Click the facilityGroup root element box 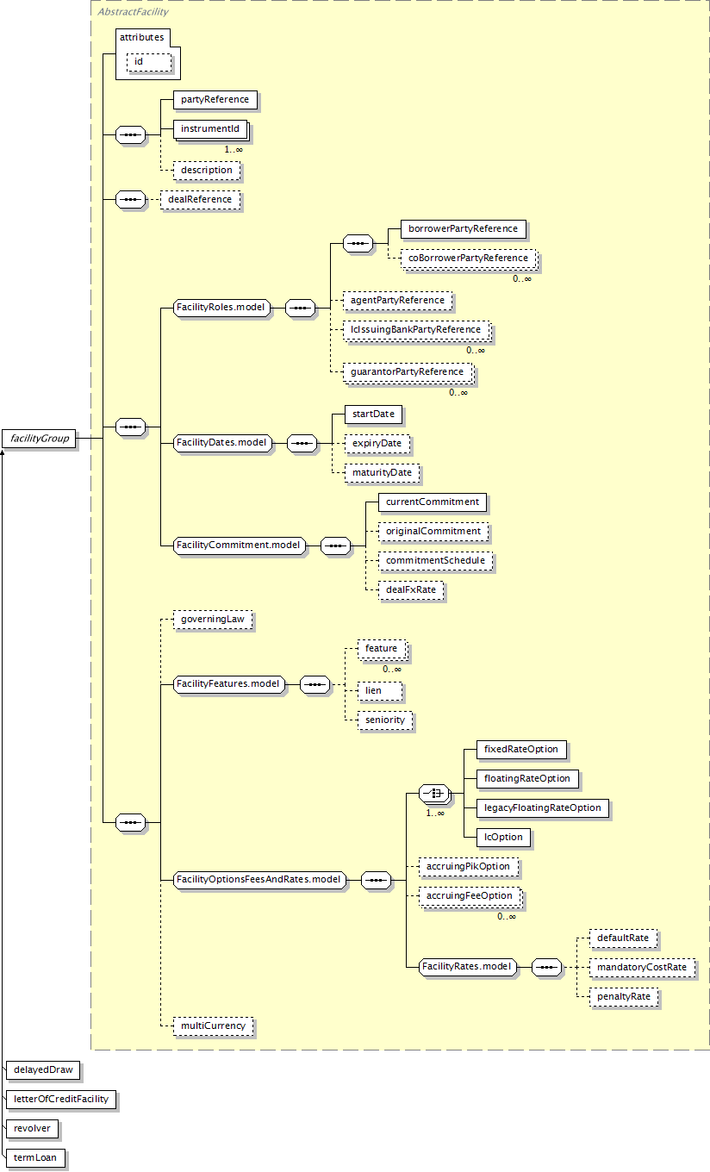40,439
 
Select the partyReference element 215,99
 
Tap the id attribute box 149,62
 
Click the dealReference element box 200,199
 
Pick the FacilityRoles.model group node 221,307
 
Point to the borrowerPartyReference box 463,228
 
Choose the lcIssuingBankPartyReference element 416,329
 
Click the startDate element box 374,414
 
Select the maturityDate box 382,472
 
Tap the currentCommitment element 433,502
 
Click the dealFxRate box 411,589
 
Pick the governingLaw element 213,619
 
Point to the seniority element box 385,720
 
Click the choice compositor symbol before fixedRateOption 433,793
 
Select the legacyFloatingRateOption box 543,807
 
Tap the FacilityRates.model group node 468,966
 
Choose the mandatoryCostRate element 642,967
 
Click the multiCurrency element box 213,1025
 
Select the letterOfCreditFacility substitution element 61,1099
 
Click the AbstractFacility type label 133,11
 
